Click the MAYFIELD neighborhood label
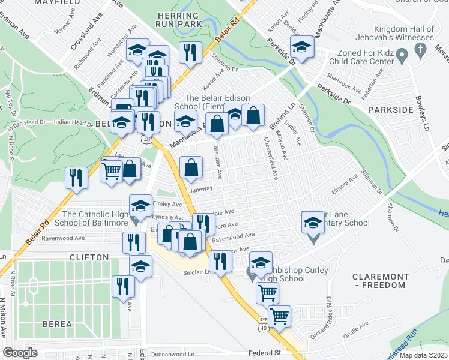[58, 3]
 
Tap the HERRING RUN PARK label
[177, 19]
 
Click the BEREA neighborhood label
[57, 325]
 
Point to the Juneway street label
[201, 188]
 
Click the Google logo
[20, 352]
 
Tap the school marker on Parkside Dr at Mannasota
[301, 47]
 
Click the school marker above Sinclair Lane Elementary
[313, 223]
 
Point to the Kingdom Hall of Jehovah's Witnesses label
[403, 34]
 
